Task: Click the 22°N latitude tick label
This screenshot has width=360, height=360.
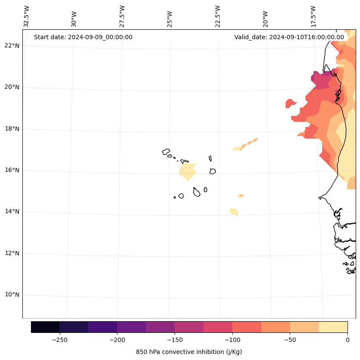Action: pos(12,46)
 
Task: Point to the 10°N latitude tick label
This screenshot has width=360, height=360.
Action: pos(12,295)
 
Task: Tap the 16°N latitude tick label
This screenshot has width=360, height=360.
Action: pos(12,171)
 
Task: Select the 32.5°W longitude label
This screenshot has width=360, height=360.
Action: pos(27,16)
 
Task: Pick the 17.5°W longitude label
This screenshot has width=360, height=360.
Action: pos(313,16)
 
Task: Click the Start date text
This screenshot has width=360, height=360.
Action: pos(83,37)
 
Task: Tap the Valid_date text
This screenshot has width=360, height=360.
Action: pos(289,37)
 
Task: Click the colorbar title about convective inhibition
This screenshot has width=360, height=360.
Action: pos(189,352)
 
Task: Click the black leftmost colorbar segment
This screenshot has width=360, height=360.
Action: pos(45,327)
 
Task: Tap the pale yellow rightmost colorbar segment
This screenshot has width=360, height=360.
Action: pos(333,327)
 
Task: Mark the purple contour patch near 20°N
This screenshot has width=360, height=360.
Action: pos(320,79)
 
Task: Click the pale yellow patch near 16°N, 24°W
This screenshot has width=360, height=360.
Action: pos(188,171)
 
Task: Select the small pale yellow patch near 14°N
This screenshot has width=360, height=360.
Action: pos(234,211)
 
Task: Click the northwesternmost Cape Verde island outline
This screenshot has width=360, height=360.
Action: pos(166,152)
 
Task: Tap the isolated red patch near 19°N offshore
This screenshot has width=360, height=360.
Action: pos(290,103)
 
